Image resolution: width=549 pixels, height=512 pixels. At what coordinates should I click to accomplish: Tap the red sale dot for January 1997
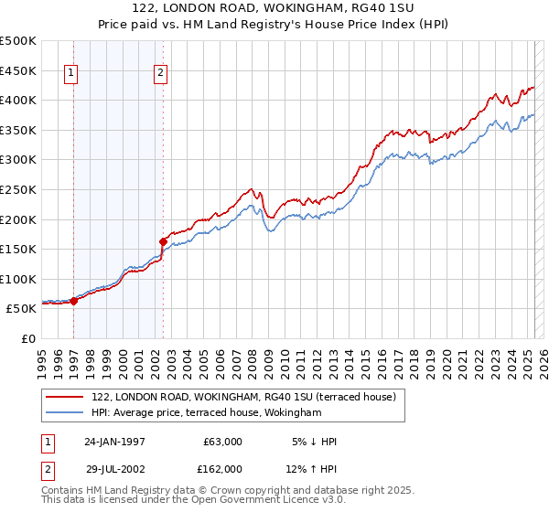pos(74,301)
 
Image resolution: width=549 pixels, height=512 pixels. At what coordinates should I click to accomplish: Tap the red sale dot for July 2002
pos(163,241)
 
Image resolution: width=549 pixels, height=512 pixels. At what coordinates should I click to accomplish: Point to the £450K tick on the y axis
pos(19,70)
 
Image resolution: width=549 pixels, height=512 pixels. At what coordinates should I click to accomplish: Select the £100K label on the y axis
pos(19,279)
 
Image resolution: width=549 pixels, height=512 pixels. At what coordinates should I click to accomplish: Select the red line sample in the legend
pos(65,397)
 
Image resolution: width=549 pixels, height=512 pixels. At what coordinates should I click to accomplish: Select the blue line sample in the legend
pos(65,413)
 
